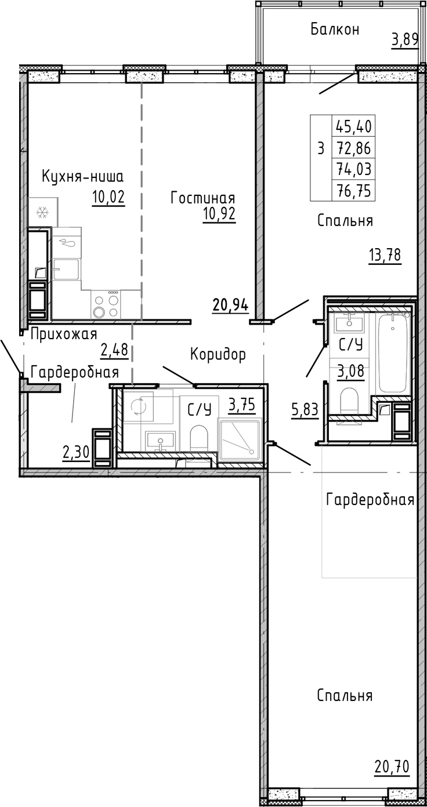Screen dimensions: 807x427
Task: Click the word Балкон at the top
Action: click(335, 29)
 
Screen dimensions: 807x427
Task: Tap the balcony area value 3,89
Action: click(404, 40)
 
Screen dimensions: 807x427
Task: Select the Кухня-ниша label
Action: click(84, 176)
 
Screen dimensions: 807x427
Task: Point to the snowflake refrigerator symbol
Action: click(41, 213)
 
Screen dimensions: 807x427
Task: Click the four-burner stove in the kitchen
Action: click(106, 306)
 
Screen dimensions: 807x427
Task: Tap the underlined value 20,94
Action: click(230, 304)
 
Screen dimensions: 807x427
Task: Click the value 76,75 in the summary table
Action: click(353, 190)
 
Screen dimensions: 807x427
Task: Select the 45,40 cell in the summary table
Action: click(353, 125)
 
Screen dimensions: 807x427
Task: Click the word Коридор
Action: click(218, 354)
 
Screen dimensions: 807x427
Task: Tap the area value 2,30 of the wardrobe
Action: click(76, 450)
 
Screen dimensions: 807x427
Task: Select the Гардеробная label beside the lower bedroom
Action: click(370, 500)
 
